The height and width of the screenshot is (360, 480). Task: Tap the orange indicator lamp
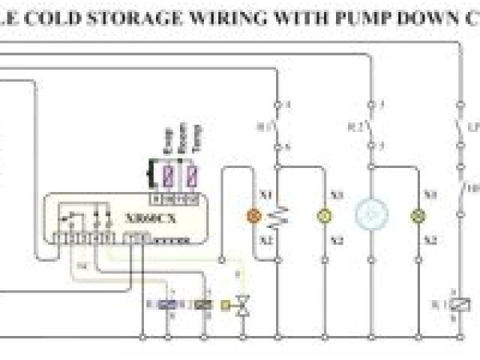tap(253, 216)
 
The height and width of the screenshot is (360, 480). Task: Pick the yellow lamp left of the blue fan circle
tap(324, 216)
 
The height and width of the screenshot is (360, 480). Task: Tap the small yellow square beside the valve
tap(225, 304)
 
